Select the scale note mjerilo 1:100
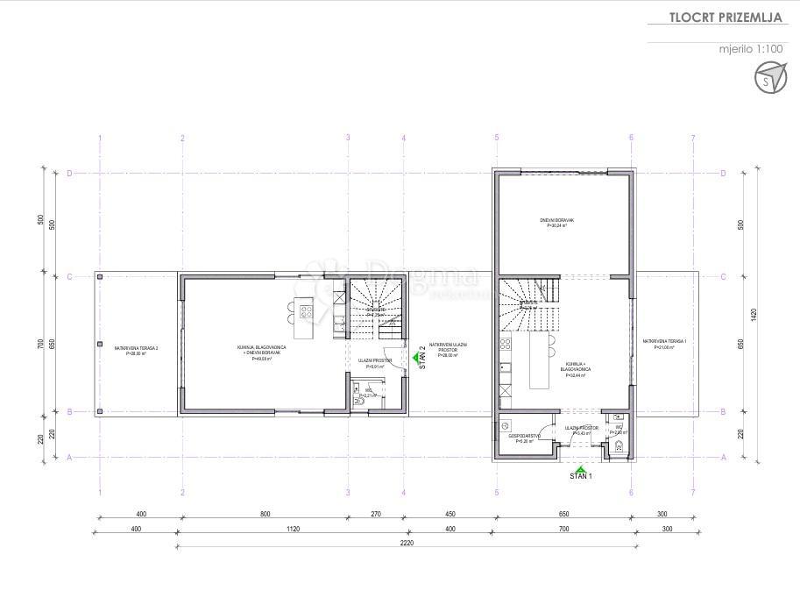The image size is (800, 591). [750, 49]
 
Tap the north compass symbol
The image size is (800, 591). [768, 81]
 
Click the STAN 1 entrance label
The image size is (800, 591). [580, 477]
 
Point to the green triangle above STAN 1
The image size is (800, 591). [580, 469]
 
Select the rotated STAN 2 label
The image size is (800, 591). [421, 359]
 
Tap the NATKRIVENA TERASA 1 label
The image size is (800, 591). [664, 343]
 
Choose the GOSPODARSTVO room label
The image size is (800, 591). [525, 438]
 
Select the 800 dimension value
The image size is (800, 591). [265, 515]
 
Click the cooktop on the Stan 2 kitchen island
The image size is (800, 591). [305, 309]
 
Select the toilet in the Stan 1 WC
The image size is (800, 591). [619, 447]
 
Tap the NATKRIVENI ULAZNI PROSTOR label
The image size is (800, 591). [448, 349]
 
